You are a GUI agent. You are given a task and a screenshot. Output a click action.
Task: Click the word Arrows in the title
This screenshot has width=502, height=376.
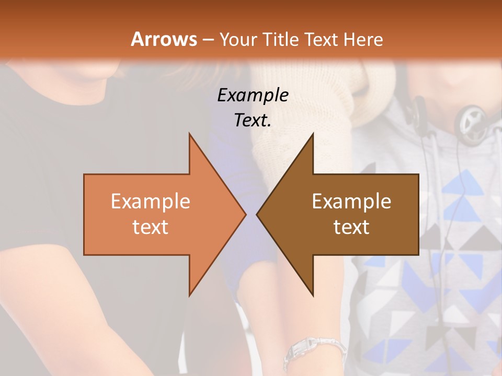(164, 39)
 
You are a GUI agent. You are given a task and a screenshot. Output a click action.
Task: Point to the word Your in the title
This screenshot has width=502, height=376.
(238, 39)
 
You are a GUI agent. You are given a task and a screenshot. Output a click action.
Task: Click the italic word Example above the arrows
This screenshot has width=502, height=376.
(253, 95)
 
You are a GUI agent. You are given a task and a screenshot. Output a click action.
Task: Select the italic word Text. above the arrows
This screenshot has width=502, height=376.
(253, 120)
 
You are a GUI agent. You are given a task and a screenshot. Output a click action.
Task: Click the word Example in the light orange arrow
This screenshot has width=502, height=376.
(151, 201)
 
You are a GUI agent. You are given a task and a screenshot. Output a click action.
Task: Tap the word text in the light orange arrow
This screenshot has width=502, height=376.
(151, 227)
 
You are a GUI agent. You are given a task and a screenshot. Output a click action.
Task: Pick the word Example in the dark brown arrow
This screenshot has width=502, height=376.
(351, 201)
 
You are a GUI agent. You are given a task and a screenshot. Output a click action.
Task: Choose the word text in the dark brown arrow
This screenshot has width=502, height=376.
(351, 227)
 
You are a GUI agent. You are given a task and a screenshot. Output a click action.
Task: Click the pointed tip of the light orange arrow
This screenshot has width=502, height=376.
(245, 214)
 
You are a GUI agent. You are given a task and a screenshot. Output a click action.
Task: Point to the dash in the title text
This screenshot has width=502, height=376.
(208, 40)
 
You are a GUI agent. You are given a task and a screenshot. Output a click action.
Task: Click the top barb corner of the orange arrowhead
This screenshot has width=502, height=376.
(189, 134)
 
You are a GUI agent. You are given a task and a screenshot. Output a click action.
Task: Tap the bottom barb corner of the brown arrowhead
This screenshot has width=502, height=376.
(313, 295)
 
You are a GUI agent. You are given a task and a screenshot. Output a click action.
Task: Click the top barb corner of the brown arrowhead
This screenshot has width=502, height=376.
(313, 134)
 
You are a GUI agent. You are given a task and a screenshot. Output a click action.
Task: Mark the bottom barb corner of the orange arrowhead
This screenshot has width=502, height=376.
(189, 295)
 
